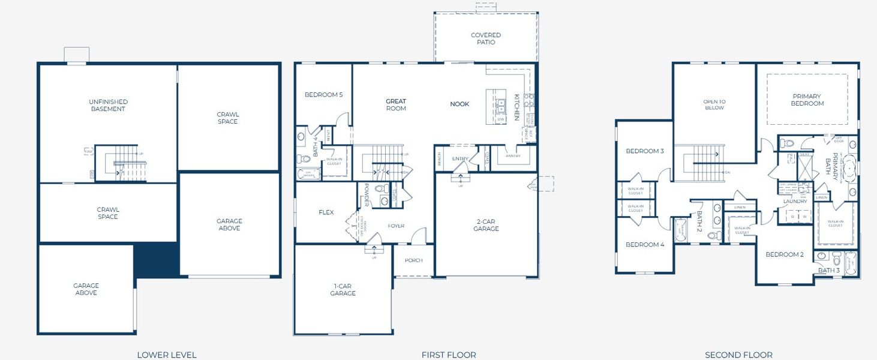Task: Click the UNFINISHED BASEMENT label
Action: coord(108,106)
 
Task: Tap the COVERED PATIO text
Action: coord(485,39)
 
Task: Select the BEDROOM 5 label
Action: coord(323,95)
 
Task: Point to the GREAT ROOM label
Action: coord(395,105)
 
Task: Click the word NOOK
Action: coord(459,104)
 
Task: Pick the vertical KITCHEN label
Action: coord(516,107)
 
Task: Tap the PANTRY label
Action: coord(513,156)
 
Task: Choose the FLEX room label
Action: coord(326,212)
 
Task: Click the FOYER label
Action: coord(396,226)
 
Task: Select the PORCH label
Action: coord(413,260)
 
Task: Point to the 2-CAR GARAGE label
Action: coord(486,225)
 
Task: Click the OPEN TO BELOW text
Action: coord(714,105)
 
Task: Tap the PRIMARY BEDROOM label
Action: coord(807,100)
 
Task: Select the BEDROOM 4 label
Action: coord(645,245)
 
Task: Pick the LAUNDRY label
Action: coord(795,202)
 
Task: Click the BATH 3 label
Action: coord(829,271)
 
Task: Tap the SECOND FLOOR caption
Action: coord(738,355)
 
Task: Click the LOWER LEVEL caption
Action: coord(166,355)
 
